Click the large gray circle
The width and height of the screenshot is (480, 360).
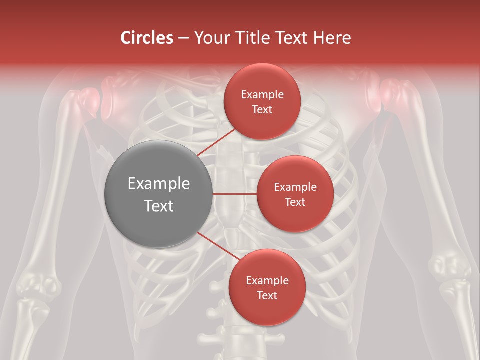point(158,194)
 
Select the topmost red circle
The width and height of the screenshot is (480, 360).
point(262,101)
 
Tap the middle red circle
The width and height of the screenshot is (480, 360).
point(295,194)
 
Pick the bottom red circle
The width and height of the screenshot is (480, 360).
point(267,287)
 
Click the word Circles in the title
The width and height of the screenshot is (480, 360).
point(147,38)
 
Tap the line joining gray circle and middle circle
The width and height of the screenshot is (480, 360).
point(234,194)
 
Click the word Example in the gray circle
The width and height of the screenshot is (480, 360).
point(158,184)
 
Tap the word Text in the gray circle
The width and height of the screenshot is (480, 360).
point(158,205)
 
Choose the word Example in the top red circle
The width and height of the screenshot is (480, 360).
point(262,95)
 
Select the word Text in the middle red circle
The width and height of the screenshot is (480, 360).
point(295,202)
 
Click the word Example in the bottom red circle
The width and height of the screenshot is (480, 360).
point(267,281)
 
